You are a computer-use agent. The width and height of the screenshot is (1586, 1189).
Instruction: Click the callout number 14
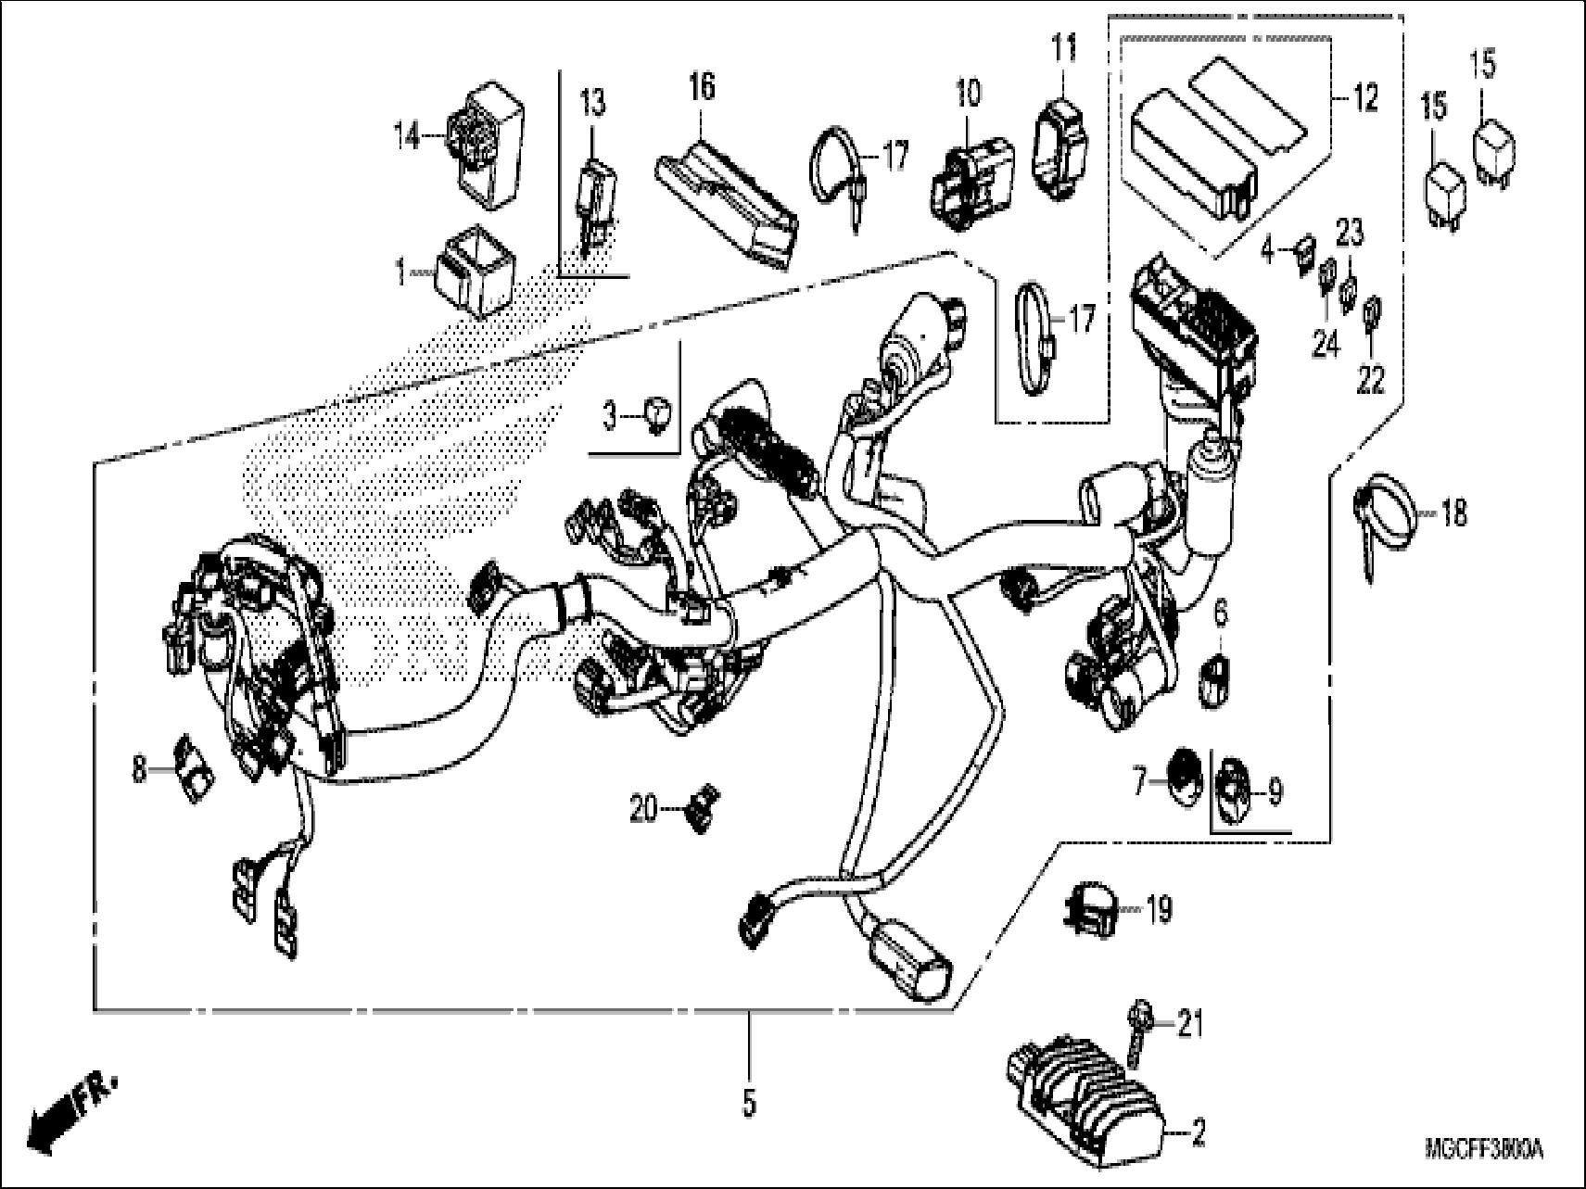pyautogui.click(x=405, y=139)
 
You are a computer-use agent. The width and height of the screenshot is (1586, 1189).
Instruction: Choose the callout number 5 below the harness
pyautogui.click(x=749, y=1102)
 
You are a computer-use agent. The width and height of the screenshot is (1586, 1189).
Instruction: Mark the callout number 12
pyautogui.click(x=1365, y=98)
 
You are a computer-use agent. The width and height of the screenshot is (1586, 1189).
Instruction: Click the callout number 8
pyautogui.click(x=139, y=768)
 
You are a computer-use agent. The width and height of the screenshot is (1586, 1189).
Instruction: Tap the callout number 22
pyautogui.click(x=1371, y=379)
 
